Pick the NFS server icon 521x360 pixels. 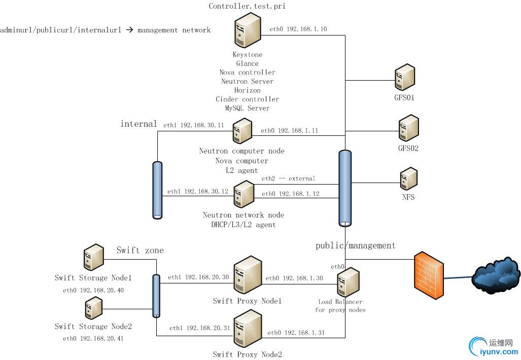click(408, 179)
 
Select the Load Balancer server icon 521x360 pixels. click(349, 282)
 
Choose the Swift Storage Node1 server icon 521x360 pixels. click(93, 258)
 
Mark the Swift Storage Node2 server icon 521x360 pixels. click(93, 308)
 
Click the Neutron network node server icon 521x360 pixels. click(244, 195)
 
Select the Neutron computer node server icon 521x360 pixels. click(242, 131)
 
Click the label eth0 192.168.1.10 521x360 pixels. click(298, 29)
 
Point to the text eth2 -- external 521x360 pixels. click(288, 178)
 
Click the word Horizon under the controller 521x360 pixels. click(248, 90)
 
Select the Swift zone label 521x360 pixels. click(140, 250)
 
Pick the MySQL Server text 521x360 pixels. click(248, 108)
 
